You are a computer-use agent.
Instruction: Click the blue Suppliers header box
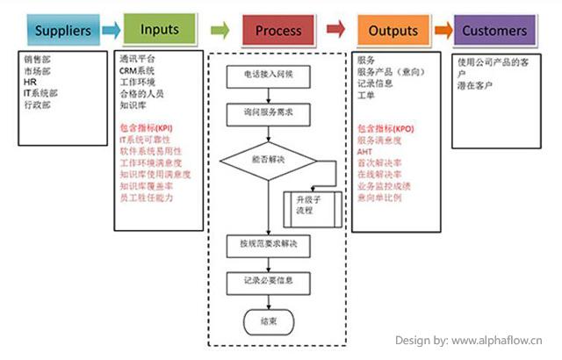[63, 32]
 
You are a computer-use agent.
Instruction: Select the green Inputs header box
[159, 30]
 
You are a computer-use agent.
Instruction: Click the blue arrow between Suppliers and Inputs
[110, 31]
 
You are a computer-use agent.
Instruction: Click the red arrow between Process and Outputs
[335, 31]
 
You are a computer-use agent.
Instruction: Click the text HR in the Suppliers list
[30, 82]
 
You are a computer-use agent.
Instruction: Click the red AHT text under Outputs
[364, 152]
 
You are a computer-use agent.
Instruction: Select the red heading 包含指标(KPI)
[146, 128]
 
